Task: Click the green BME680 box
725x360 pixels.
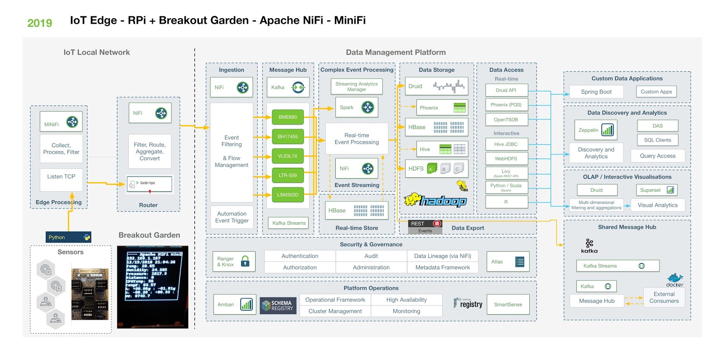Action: (x=288, y=117)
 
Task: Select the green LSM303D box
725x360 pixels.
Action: (x=288, y=195)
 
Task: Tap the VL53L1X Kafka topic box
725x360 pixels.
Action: (x=288, y=156)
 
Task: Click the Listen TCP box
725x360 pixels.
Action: (x=61, y=177)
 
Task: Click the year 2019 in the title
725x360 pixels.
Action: (x=40, y=23)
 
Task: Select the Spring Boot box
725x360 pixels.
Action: (x=596, y=92)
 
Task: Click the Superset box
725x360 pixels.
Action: (x=657, y=190)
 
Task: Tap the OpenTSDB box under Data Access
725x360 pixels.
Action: (x=506, y=120)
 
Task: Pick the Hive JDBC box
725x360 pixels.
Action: (x=506, y=144)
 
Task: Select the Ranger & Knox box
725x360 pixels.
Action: (x=233, y=262)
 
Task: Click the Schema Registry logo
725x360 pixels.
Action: (x=278, y=306)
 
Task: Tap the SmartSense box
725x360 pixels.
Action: (x=508, y=305)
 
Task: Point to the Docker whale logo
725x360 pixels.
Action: (x=675, y=279)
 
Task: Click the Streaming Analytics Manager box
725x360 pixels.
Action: (x=357, y=87)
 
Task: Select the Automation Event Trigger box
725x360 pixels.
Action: (x=232, y=217)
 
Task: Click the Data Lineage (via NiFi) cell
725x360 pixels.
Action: (x=442, y=256)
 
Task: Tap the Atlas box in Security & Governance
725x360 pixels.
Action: (x=507, y=262)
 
